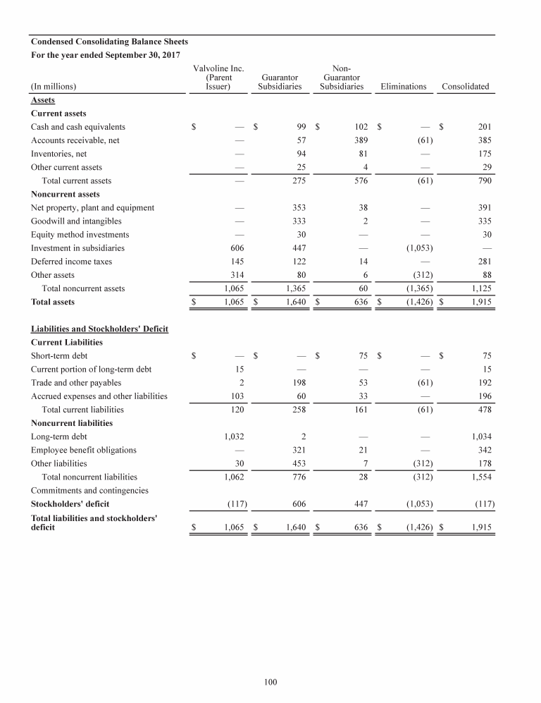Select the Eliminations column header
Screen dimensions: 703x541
403,87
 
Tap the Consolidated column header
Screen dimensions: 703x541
465,87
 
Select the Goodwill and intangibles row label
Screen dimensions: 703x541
76,221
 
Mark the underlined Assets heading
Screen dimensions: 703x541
43,100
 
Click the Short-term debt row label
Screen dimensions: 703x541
59,356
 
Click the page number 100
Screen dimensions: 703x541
270,682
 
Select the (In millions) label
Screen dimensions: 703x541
54,87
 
